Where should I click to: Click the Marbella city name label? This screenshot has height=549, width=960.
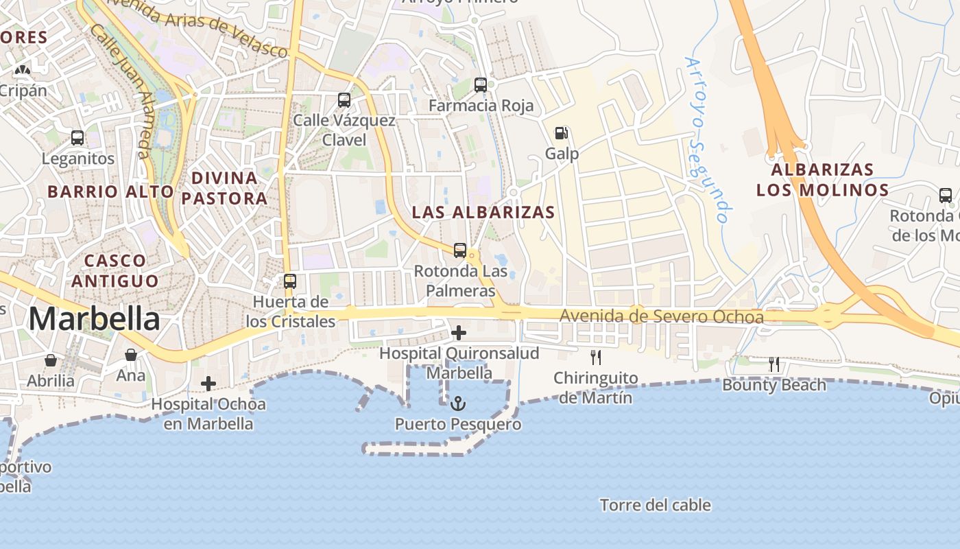[94, 319]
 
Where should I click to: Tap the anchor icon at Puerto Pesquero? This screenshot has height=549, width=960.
[458, 404]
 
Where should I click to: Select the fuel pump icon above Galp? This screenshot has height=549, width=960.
[562, 133]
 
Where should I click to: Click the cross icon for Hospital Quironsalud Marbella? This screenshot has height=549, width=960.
[459, 334]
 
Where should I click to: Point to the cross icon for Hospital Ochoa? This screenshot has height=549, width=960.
[208, 384]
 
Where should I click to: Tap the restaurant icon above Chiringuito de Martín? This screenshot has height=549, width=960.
[596, 358]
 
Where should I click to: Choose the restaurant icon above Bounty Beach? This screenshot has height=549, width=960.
[774, 364]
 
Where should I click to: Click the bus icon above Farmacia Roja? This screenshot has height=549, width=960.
[481, 86]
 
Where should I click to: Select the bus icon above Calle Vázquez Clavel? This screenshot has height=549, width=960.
[344, 100]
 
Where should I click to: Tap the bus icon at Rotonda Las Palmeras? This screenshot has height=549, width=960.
[460, 250]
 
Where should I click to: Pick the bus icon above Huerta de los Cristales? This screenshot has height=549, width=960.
[290, 281]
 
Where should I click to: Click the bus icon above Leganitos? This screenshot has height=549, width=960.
[77, 138]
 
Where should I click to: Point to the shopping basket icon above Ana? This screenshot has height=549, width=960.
[131, 355]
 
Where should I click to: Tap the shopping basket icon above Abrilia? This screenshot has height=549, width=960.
[51, 360]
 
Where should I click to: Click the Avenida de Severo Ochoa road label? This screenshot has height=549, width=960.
[661, 317]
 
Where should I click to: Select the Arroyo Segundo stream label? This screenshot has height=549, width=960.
[706, 141]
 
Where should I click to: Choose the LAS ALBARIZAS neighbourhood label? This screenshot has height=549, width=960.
[483, 213]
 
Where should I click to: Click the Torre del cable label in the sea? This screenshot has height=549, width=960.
[655, 506]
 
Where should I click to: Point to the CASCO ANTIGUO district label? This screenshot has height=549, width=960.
[115, 270]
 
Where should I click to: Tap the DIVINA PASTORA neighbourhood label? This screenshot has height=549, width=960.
[224, 188]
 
